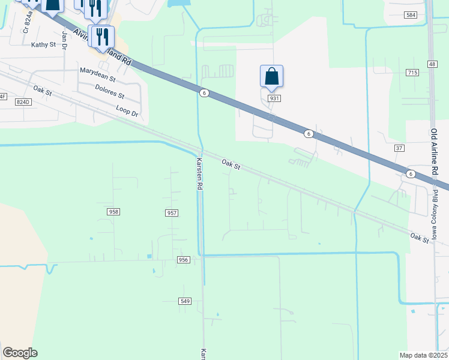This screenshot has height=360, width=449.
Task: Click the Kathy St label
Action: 43,44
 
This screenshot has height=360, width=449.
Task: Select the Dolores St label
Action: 109,91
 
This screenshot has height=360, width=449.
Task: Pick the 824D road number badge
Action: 23,102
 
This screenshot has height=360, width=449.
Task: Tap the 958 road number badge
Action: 113,212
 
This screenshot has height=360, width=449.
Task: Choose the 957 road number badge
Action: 171,213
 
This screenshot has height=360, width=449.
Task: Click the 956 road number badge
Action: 184,260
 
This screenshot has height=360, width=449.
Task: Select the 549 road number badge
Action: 185,301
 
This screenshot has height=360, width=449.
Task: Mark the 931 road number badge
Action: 274,98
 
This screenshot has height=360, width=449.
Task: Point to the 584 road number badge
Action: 411,15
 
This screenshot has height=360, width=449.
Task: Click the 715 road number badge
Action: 412,73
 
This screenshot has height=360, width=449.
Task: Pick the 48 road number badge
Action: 432,64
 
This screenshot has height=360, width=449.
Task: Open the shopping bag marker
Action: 271,76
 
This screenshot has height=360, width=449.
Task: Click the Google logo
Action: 20,353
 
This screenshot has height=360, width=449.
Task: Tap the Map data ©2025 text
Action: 423,355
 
